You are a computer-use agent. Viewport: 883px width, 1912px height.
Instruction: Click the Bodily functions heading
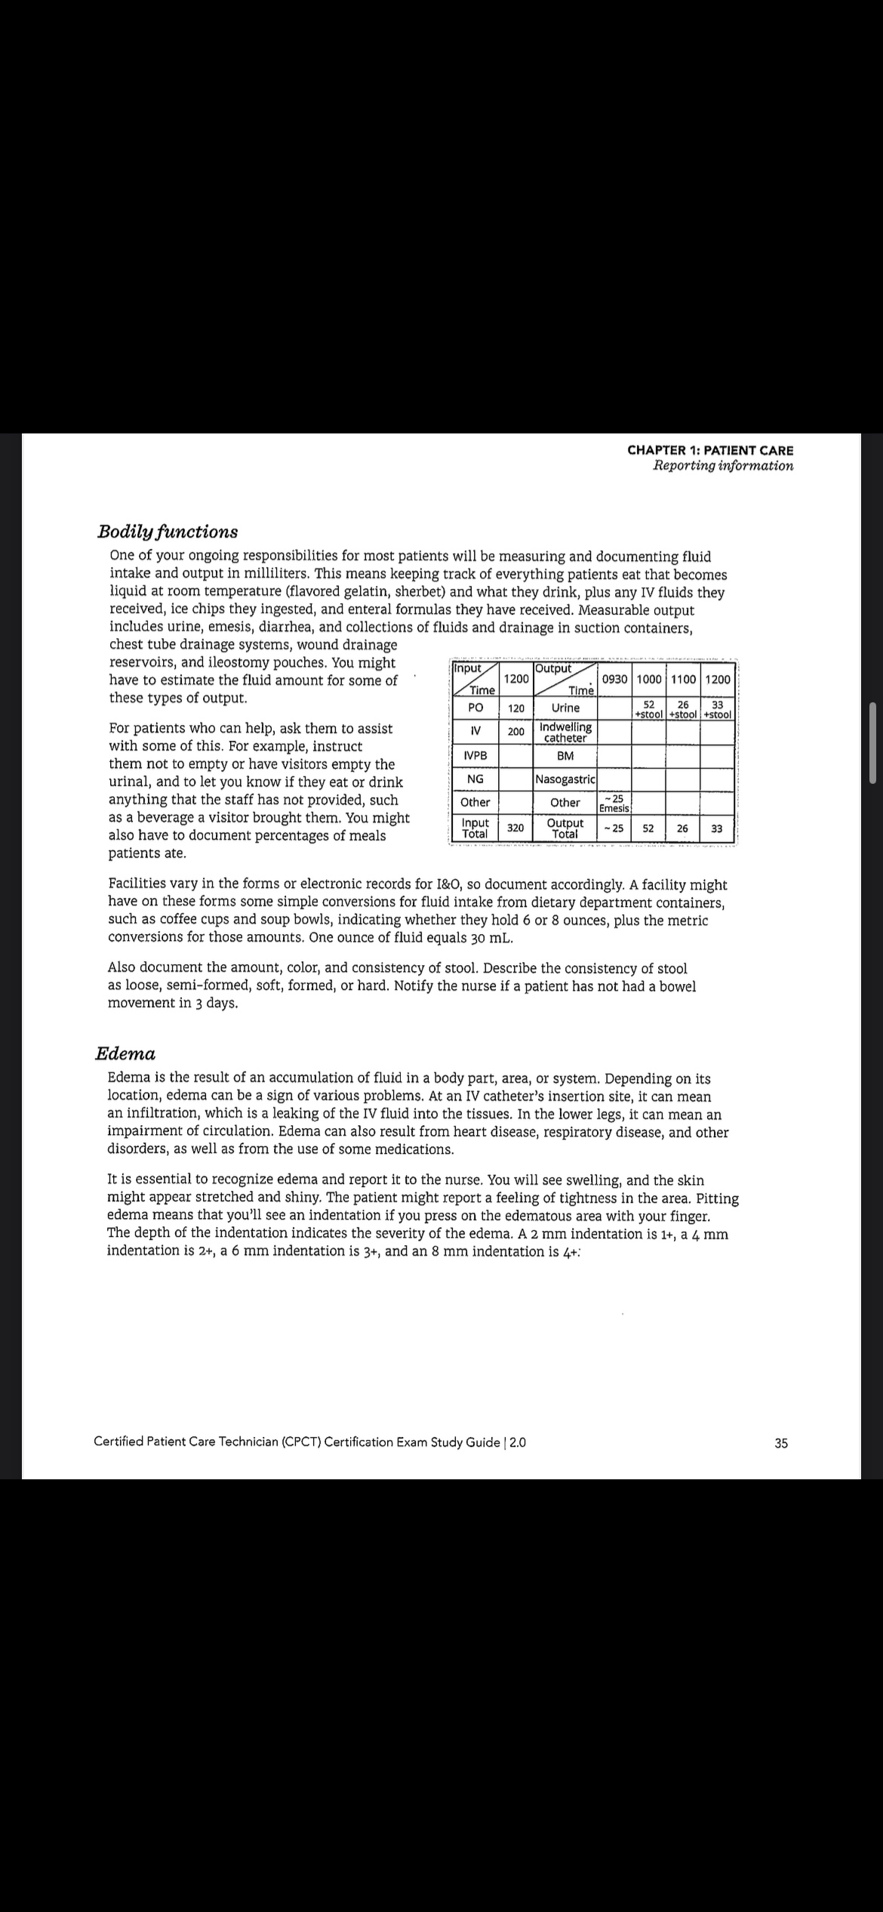168,532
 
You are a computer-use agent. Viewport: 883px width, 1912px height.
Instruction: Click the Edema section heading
125,1053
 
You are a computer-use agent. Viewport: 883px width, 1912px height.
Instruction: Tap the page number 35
780,1443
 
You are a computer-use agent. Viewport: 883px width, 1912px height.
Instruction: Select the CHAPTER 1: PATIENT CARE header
710,450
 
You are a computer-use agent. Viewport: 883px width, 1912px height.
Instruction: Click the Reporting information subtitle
723,466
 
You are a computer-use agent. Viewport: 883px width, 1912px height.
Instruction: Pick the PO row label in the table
475,708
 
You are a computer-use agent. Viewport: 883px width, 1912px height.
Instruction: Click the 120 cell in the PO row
516,708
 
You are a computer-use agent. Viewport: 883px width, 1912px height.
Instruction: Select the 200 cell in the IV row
516,732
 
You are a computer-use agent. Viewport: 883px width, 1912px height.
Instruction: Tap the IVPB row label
475,756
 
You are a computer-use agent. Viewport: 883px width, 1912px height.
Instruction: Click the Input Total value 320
516,828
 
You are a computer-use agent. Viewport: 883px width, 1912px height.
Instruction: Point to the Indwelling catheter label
565,732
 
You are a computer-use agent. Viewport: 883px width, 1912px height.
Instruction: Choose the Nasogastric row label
565,779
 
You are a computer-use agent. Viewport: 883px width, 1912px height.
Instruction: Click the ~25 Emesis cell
615,803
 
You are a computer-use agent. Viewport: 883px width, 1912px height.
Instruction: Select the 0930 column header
615,679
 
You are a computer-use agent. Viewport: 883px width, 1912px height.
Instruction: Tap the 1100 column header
683,679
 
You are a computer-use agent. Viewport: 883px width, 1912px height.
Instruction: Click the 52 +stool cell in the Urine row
648,709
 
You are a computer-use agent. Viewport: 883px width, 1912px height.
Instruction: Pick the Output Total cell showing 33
717,828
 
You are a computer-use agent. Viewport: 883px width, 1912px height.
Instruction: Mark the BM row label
565,756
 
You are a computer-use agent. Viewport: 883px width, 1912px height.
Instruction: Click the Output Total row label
565,828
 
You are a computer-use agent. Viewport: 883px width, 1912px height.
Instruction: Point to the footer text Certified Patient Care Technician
309,1442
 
